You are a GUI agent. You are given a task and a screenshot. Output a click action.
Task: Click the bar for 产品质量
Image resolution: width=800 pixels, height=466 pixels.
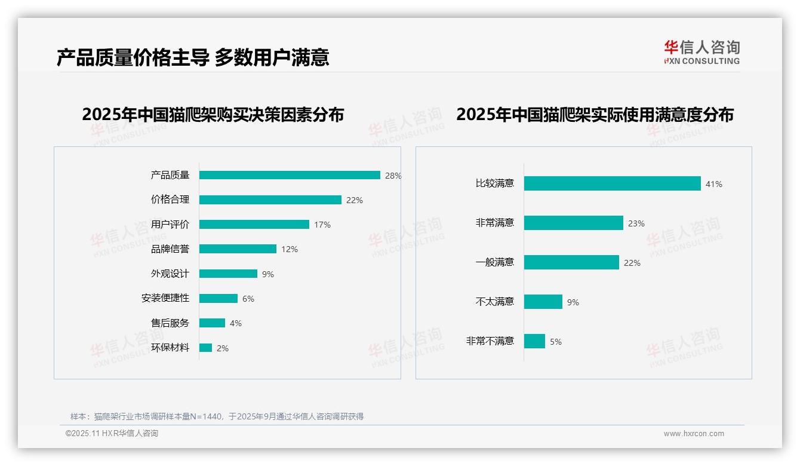point(290,175)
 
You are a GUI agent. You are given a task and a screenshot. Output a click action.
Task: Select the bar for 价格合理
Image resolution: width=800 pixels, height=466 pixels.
point(270,200)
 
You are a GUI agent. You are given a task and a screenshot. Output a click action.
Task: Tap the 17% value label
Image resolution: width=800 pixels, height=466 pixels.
point(322,225)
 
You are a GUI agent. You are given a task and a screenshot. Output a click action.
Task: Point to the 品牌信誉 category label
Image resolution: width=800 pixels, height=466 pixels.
point(170,249)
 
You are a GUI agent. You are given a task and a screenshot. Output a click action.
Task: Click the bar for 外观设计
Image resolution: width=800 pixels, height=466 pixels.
point(228,274)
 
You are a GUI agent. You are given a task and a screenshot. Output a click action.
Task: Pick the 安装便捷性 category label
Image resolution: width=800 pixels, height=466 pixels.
point(165,298)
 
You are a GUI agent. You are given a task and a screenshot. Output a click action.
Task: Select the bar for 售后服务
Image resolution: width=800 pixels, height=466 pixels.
point(212,323)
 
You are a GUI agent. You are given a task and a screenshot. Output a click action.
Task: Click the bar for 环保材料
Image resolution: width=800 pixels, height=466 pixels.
point(205,348)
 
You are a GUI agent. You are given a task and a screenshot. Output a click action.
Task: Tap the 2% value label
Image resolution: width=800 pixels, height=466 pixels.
point(223,348)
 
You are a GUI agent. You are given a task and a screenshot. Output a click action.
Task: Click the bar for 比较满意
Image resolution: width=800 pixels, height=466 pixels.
point(612,183)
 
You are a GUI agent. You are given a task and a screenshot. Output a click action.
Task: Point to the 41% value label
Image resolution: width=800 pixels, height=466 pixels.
point(714,184)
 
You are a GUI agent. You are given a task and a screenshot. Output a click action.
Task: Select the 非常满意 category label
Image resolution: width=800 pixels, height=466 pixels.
point(494,223)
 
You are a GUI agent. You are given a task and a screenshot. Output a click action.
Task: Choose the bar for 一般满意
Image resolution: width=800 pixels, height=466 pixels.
point(571,262)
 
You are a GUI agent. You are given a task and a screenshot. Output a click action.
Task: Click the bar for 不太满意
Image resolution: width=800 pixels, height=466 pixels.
point(543,302)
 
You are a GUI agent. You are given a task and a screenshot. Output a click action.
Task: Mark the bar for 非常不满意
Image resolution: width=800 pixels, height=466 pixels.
point(534,341)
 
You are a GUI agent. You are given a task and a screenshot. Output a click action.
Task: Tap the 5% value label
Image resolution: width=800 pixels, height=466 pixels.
point(556,342)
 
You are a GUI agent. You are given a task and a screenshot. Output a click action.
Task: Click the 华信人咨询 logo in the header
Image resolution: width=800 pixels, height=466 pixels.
point(701,52)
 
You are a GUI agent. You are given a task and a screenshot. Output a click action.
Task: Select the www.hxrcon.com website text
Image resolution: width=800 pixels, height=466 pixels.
point(694,434)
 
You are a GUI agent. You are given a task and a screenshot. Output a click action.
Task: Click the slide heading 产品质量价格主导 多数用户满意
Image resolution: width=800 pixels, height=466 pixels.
point(193,57)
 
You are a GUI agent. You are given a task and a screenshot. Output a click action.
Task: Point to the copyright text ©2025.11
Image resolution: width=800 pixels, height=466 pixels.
point(112,434)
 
